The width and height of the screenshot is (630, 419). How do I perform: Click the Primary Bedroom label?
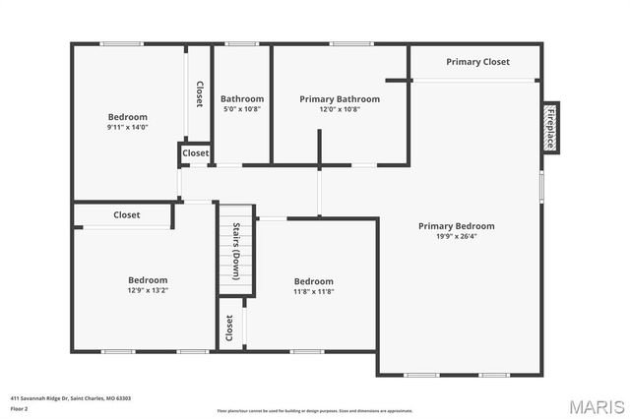coord(456,226)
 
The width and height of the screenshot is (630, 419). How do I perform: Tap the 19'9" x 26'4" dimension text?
coord(456,236)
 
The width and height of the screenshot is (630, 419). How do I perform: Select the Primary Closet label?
coord(477,62)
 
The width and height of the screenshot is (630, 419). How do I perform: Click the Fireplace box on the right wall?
coord(549,128)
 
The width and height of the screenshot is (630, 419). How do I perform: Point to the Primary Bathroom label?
coord(340,98)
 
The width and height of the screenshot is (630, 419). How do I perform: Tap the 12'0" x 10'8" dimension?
coord(340,109)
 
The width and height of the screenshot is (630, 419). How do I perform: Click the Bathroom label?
coord(242,98)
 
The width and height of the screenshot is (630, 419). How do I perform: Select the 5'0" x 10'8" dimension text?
coord(242,109)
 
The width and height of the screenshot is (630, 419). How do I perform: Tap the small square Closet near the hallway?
coord(195,153)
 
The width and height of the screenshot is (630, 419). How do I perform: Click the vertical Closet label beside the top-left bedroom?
coord(199,94)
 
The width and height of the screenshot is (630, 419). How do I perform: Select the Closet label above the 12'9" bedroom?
coord(126,214)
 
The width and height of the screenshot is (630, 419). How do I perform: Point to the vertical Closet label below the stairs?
coord(229,328)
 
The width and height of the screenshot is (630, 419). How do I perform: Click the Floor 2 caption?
coord(19,408)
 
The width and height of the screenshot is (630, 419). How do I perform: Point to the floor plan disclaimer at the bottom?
coord(315,410)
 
